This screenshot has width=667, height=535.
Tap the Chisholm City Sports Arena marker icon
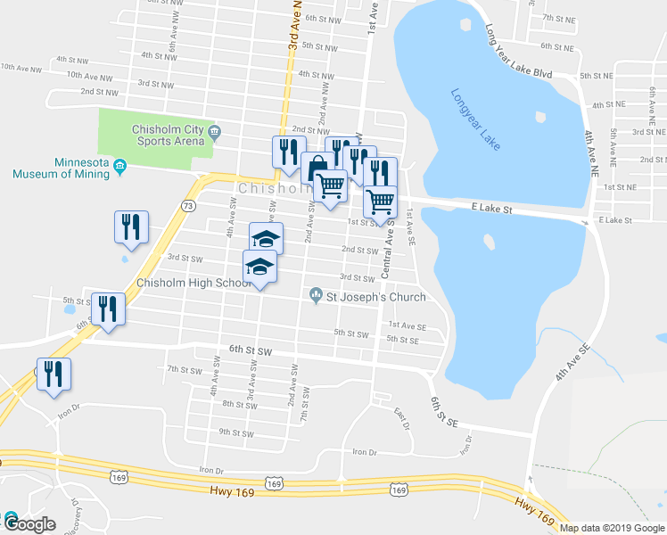point(214,135)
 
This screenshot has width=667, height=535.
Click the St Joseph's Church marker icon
point(315,296)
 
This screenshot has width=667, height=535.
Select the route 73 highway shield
point(188,206)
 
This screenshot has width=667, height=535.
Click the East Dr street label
point(402,417)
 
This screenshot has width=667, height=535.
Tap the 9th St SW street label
point(238,432)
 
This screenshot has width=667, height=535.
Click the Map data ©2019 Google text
point(611,528)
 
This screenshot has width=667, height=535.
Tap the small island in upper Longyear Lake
point(540,117)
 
